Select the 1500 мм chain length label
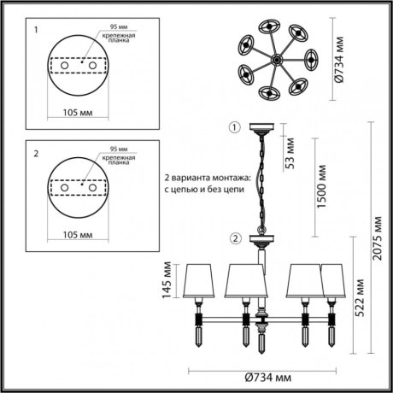pos(319,182)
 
